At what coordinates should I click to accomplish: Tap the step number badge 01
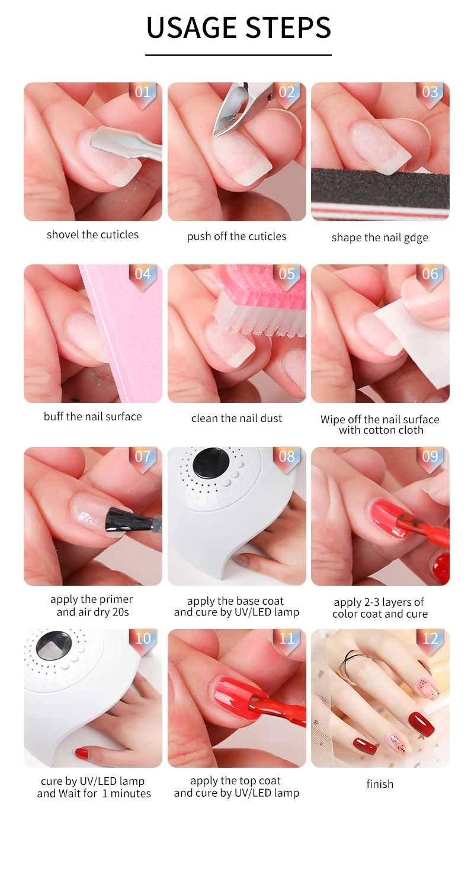(x=143, y=92)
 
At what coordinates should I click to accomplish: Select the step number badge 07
(x=143, y=457)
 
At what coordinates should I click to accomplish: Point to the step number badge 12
(x=430, y=639)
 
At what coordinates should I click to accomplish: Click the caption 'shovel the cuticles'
(x=92, y=235)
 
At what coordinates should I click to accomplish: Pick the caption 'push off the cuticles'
(x=236, y=237)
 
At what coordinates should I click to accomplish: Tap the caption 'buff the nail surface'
(x=92, y=417)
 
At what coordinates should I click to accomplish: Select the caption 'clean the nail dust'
(x=236, y=419)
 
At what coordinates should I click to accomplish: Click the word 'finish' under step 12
(x=380, y=784)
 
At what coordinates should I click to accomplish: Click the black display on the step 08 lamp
(x=211, y=463)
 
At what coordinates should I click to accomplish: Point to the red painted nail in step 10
(x=82, y=754)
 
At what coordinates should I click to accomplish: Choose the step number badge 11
(x=287, y=639)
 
